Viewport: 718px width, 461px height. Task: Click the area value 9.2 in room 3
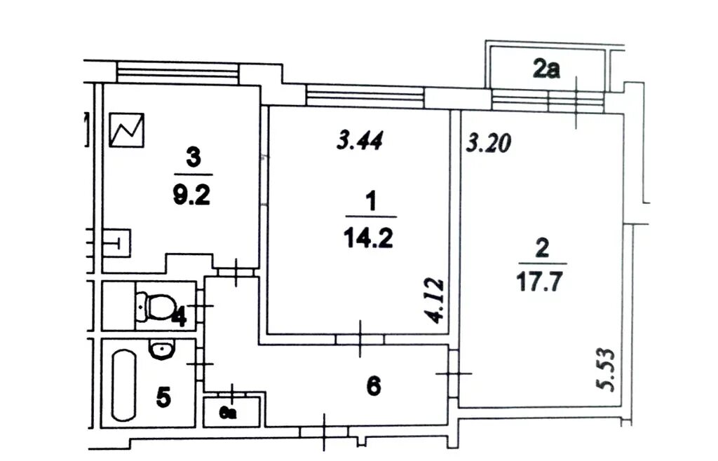point(191,195)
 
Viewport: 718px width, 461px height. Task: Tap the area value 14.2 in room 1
point(369,238)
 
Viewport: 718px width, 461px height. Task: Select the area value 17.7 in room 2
point(539,282)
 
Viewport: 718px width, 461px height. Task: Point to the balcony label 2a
point(546,69)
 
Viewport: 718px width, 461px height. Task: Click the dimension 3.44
point(360,140)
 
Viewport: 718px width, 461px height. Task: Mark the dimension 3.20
point(488,143)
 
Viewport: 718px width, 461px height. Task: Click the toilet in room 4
point(156,305)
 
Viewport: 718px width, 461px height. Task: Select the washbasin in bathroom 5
point(161,350)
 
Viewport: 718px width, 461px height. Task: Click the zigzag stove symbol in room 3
point(127,130)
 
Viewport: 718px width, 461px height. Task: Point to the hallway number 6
point(374,387)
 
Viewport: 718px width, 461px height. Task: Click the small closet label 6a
point(228,413)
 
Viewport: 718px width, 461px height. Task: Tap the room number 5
point(163,397)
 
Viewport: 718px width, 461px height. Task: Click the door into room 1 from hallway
point(360,339)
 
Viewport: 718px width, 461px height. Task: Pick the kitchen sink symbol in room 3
point(116,242)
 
